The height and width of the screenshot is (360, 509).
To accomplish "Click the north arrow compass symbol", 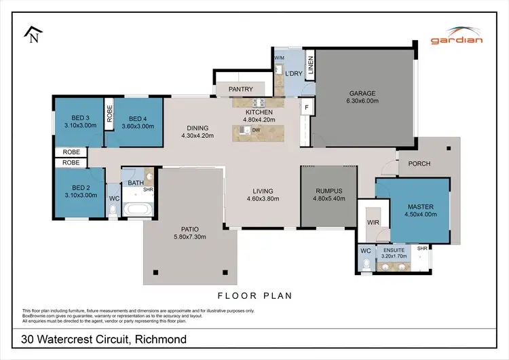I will point(32,34).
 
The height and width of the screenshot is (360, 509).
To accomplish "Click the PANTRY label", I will point(241,89).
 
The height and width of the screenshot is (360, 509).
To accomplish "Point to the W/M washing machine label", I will point(279,58).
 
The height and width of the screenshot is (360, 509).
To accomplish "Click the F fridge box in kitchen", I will point(306,107).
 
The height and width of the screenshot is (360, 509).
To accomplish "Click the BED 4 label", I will point(138,117).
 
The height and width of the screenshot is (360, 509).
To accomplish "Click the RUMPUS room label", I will point(329,191).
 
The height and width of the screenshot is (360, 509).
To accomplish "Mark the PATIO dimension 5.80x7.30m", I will point(183,236).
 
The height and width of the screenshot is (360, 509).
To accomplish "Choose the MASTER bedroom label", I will point(420,206).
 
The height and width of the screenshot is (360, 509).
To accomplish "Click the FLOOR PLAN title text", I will point(254,295).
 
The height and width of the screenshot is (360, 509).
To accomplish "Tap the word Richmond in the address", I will point(157,339).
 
